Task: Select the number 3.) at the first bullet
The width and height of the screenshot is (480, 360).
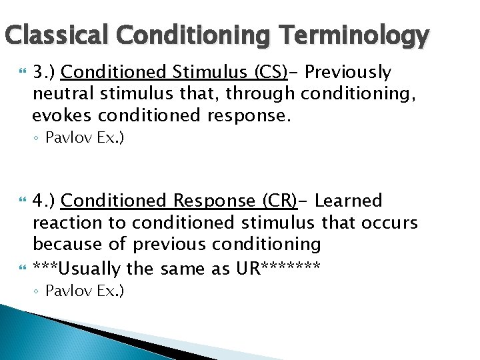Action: (44, 71)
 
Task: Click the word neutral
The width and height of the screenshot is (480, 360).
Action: (59, 94)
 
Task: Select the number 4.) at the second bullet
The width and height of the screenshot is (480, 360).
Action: (44, 200)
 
